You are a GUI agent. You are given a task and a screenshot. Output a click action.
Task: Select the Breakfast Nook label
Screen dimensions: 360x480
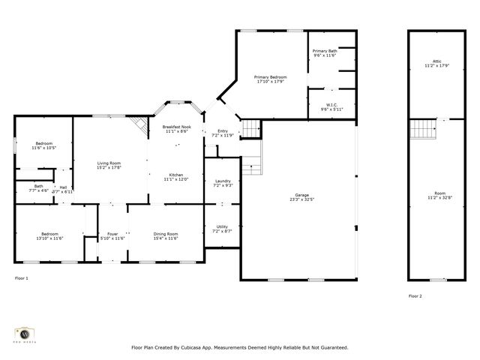(x=177, y=127)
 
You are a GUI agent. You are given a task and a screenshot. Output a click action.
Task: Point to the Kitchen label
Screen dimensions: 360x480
(x=176, y=175)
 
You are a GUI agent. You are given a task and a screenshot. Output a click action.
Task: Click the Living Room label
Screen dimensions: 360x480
(x=109, y=162)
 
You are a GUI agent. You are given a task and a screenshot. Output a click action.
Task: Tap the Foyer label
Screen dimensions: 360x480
(x=112, y=233)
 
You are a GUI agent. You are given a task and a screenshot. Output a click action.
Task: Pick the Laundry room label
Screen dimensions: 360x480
(x=222, y=181)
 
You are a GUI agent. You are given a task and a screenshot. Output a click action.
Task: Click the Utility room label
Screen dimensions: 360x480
(x=222, y=226)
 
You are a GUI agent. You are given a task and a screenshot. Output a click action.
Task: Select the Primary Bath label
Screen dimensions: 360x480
(x=325, y=51)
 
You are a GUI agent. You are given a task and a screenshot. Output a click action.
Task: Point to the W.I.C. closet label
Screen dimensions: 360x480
(x=331, y=104)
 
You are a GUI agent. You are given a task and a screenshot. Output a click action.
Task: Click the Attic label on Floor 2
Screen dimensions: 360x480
(x=436, y=61)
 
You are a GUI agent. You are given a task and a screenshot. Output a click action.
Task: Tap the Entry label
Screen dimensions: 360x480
(x=223, y=130)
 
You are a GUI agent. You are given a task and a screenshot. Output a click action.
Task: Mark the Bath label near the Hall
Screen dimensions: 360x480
(x=38, y=186)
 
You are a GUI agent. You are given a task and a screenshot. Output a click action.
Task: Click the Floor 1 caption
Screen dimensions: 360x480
(x=22, y=278)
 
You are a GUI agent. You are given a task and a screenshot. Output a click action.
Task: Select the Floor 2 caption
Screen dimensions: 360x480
(x=415, y=296)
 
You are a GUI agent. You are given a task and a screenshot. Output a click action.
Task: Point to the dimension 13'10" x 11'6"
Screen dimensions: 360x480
(x=50, y=238)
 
